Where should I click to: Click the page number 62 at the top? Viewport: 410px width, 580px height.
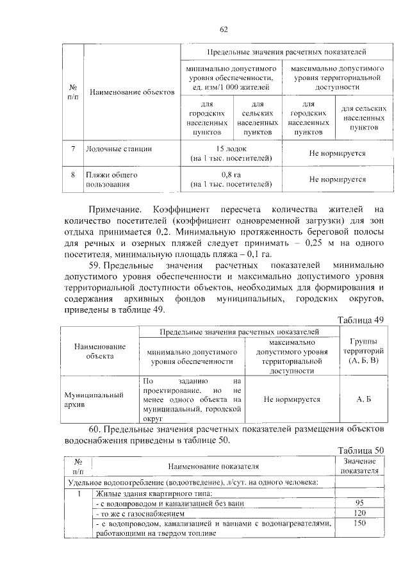(x=224, y=29)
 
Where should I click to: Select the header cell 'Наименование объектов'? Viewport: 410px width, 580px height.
(x=132, y=92)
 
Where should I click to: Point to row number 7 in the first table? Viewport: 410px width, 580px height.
(x=73, y=149)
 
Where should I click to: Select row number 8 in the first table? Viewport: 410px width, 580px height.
(x=73, y=174)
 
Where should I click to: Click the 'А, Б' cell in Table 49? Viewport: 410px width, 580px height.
(x=363, y=399)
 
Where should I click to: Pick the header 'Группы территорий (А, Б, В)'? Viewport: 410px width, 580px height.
(x=363, y=352)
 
